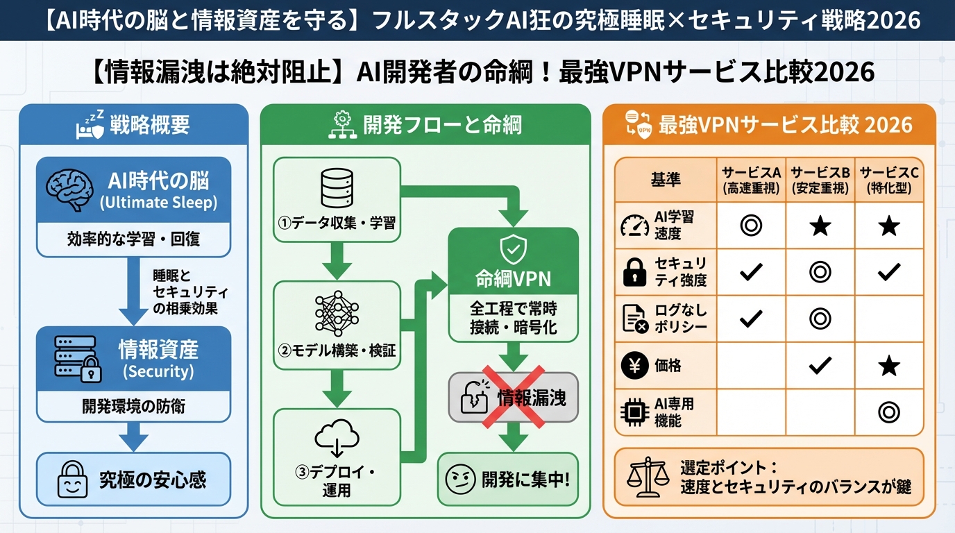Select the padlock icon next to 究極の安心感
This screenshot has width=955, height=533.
[73, 479]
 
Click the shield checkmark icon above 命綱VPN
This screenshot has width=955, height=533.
[513, 248]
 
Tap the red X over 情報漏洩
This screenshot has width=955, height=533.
[513, 396]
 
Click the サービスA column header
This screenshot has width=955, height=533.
[751, 180]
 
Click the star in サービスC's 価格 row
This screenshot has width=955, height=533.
[889, 366]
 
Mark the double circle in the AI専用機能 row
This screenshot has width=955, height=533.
[889, 412]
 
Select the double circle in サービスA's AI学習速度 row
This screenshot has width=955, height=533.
[751, 226]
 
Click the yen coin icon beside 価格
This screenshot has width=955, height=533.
[634, 366]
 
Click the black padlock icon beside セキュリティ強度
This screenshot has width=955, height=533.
[634, 272]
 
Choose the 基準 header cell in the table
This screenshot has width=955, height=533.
[665, 180]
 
